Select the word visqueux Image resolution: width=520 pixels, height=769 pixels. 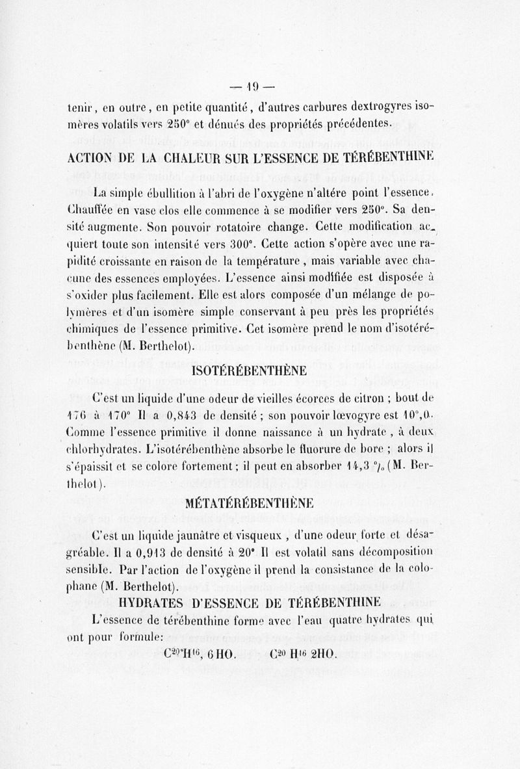268,536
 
